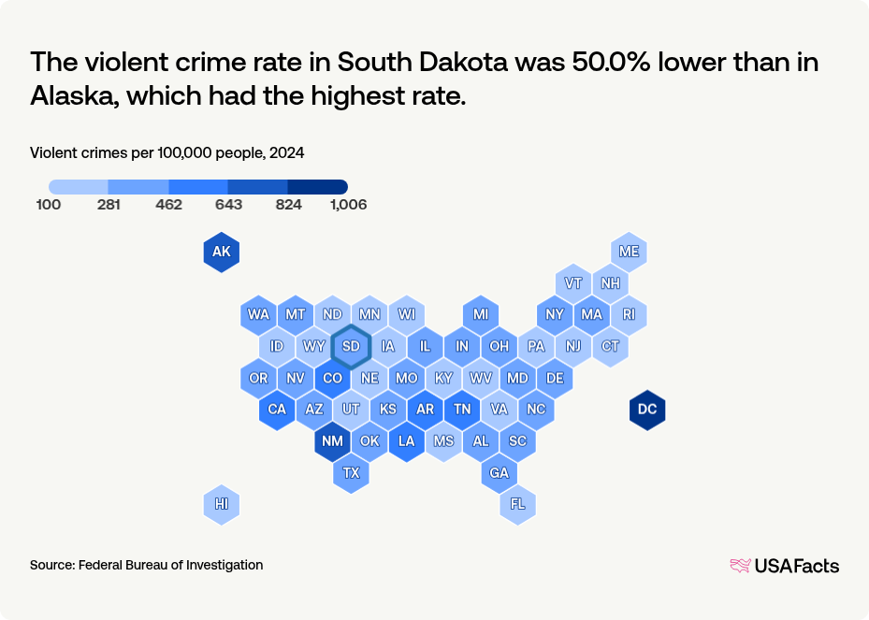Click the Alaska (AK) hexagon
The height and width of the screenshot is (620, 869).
[x=222, y=252]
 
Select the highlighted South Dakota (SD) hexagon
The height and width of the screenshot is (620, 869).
[x=351, y=346]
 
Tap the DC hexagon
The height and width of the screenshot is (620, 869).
[x=646, y=410]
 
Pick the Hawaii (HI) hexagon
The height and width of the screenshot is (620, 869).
[x=222, y=504]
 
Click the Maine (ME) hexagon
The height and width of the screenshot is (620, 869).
[x=629, y=252]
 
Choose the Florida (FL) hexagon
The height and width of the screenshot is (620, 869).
[x=517, y=504]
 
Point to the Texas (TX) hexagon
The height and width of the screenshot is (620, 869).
[x=351, y=473]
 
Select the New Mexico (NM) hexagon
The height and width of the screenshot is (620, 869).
[x=332, y=441]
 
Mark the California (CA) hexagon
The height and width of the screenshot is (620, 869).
[x=277, y=410]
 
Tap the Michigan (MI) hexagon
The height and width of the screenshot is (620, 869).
[x=480, y=314]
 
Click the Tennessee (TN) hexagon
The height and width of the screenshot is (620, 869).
[x=462, y=410]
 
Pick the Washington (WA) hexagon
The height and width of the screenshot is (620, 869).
[x=258, y=314]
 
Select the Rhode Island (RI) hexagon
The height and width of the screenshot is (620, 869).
[x=629, y=314]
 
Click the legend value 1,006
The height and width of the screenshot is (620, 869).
[x=348, y=205]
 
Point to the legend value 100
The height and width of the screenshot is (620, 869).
[x=49, y=205]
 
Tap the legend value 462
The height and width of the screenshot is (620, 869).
[x=168, y=205]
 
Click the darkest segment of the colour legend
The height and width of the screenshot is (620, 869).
[x=318, y=187]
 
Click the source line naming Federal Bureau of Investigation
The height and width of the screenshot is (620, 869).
[x=146, y=565]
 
